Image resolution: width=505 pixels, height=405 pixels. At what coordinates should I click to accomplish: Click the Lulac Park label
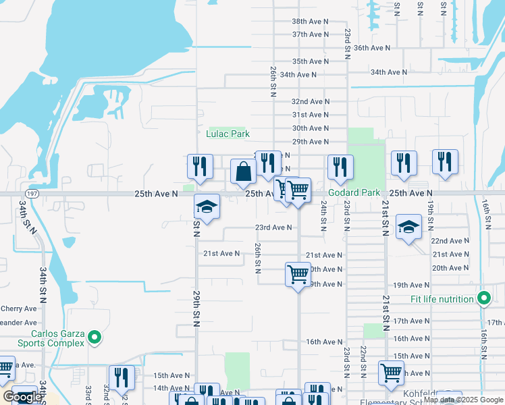[x=228, y=134]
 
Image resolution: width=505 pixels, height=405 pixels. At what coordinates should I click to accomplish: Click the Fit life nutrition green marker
[x=483, y=298]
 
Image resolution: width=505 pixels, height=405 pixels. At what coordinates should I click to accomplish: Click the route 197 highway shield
[x=33, y=193]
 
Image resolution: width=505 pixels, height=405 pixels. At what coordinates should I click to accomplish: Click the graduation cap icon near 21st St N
[x=408, y=227]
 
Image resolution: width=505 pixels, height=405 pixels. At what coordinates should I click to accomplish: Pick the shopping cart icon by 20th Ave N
[x=298, y=274]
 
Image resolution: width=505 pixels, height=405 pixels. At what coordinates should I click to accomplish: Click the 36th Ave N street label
[x=373, y=48]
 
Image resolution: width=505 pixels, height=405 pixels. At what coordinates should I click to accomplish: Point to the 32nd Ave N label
[x=310, y=101]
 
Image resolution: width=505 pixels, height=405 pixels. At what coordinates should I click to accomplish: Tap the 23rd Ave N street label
[x=273, y=227]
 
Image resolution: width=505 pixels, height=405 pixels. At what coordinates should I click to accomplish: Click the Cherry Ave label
[x=18, y=308]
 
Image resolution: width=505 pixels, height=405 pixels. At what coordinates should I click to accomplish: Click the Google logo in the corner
[x=22, y=397]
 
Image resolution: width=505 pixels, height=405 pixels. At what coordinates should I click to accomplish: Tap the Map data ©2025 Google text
[x=463, y=400]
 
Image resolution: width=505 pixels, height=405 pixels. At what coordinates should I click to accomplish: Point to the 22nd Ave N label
[x=450, y=241]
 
